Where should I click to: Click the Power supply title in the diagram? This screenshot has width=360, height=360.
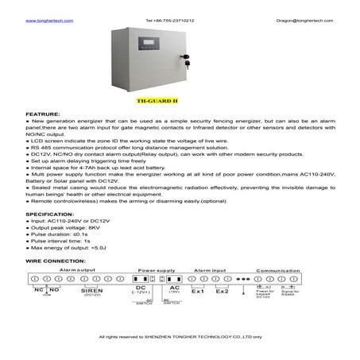157,271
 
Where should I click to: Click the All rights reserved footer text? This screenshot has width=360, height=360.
180,338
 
